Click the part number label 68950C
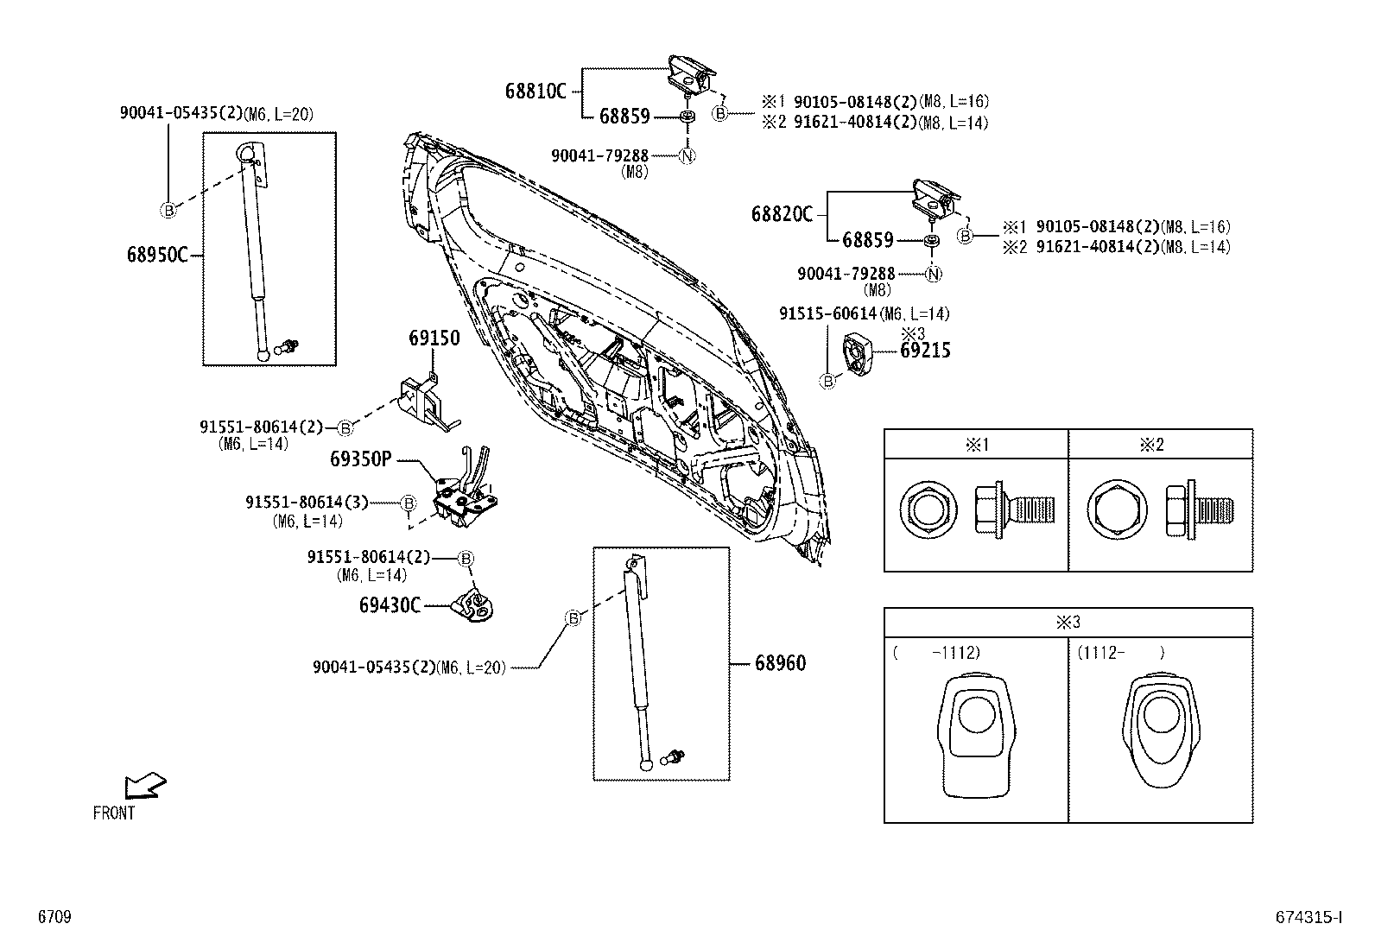156,255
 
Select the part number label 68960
780,663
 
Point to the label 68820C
782,213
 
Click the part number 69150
434,338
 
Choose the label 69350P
359,459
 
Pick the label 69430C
390,605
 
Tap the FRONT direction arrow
144,785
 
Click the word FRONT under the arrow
114,813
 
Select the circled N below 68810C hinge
687,156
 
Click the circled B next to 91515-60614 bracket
827,381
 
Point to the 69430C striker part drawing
475,605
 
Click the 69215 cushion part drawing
858,353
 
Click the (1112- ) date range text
1120,653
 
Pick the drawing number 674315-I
1308,918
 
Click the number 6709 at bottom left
54,918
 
